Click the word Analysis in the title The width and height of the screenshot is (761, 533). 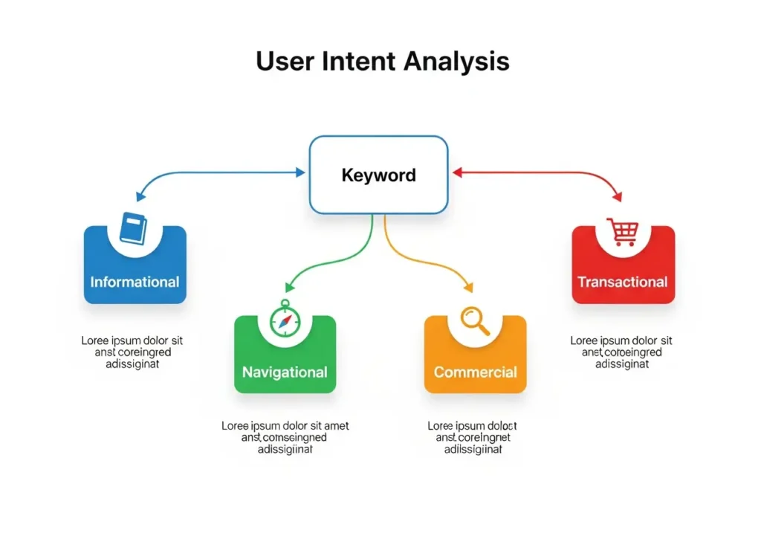tap(456, 61)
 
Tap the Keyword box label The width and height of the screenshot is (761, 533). tap(379, 175)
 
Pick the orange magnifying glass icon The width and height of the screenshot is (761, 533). tap(474, 320)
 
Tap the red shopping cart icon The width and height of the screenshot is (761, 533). tap(623, 230)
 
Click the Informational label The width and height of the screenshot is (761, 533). tap(135, 282)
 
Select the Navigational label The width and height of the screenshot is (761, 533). tap(285, 372)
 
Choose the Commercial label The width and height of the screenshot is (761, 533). tap(475, 372)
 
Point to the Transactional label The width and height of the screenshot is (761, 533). tap(623, 282)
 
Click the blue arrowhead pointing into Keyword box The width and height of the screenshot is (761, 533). tap(300, 172)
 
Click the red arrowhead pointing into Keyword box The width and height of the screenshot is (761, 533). tap(458, 172)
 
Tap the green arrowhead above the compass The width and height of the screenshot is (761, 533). tap(290, 287)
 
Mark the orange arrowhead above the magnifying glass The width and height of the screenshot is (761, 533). tap(468, 287)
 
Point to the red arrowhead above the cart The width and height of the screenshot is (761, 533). tap(618, 197)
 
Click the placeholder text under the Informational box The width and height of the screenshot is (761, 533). tap(132, 352)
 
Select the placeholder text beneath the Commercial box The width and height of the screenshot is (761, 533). tap(473, 438)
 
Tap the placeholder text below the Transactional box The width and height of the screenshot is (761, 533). tap(621, 352)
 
